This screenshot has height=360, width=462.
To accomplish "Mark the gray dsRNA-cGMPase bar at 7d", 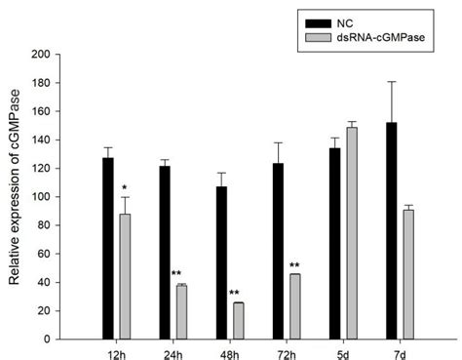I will pos(408,273).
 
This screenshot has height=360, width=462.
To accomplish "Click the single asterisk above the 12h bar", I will pos(125,187).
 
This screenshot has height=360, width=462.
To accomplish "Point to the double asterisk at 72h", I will pos(293,264).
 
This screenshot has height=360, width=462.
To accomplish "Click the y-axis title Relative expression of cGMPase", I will pos(15,195).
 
